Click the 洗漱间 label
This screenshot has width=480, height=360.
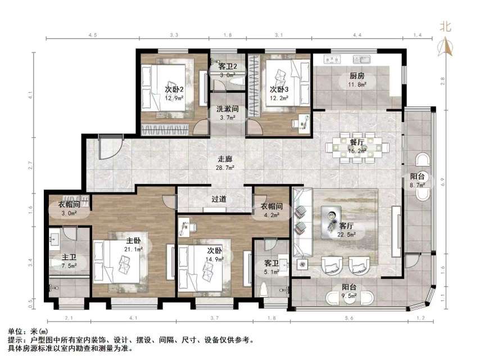228,109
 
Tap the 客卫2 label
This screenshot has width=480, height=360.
228,66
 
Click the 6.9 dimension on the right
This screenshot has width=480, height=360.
444,182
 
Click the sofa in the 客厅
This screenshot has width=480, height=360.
302,225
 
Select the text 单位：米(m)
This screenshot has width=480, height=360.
26,332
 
